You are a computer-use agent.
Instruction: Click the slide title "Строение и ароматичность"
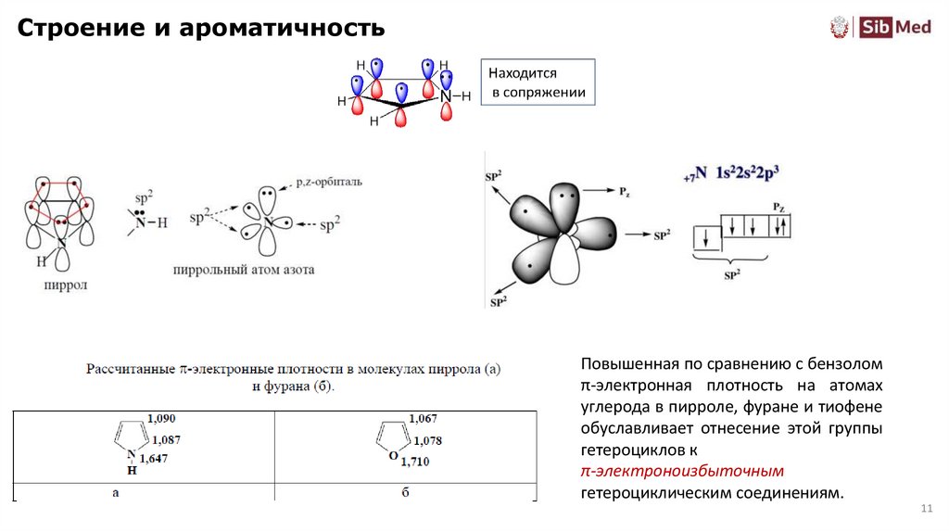click(199, 29)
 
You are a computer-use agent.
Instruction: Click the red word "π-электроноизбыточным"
click(682, 472)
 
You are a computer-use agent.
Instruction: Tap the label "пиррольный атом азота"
click(243, 271)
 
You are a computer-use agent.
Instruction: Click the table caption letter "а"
click(115, 493)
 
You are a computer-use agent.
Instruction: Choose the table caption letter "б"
click(405, 493)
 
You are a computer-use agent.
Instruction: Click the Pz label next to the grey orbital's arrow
click(626, 191)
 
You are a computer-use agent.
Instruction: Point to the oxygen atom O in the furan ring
click(393, 455)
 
